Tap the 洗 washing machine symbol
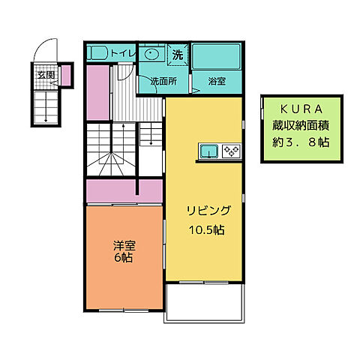(178, 54)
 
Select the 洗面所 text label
(163, 82)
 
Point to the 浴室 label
(217, 82)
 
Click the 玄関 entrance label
(46, 75)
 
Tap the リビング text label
(203, 211)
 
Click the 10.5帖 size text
(203, 229)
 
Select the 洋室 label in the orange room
(124, 245)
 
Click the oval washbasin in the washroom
(153, 55)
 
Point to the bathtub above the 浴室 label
(216, 57)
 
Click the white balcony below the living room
(202, 301)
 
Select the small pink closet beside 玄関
(65, 76)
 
